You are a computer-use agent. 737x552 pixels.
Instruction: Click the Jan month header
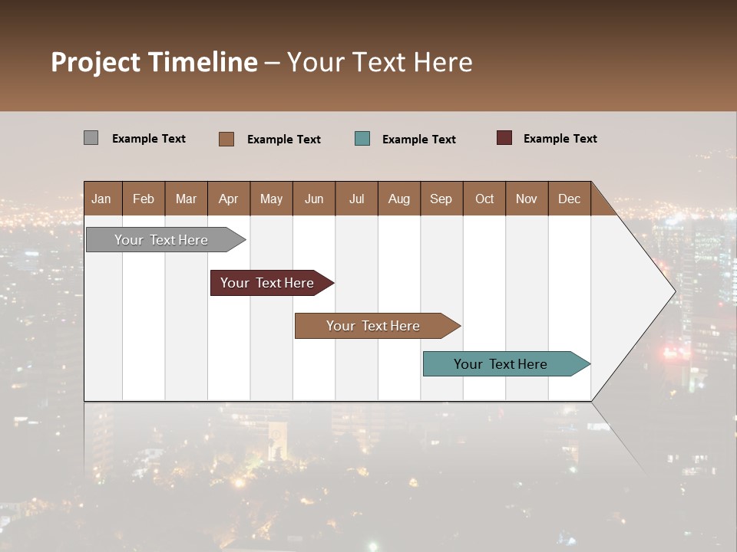(101, 199)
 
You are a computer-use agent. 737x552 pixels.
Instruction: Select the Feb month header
(144, 199)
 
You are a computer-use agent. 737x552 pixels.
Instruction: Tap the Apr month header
(228, 199)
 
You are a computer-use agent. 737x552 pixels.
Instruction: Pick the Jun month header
(314, 199)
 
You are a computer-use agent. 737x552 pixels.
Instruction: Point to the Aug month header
(398, 199)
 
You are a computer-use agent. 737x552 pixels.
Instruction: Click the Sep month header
(441, 199)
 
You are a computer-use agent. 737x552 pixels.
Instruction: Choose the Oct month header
(484, 199)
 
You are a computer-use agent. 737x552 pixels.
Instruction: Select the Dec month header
(569, 199)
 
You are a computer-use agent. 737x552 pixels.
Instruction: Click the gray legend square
(91, 138)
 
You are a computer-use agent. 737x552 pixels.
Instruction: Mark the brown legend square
(226, 139)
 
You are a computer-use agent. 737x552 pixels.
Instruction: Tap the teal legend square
(362, 139)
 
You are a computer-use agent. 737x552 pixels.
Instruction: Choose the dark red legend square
(504, 138)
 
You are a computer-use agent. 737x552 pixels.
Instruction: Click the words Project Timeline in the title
(154, 62)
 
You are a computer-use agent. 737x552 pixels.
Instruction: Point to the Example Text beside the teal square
(418, 140)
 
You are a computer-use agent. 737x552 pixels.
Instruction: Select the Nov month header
(526, 199)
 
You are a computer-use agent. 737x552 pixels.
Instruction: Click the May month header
(271, 199)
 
